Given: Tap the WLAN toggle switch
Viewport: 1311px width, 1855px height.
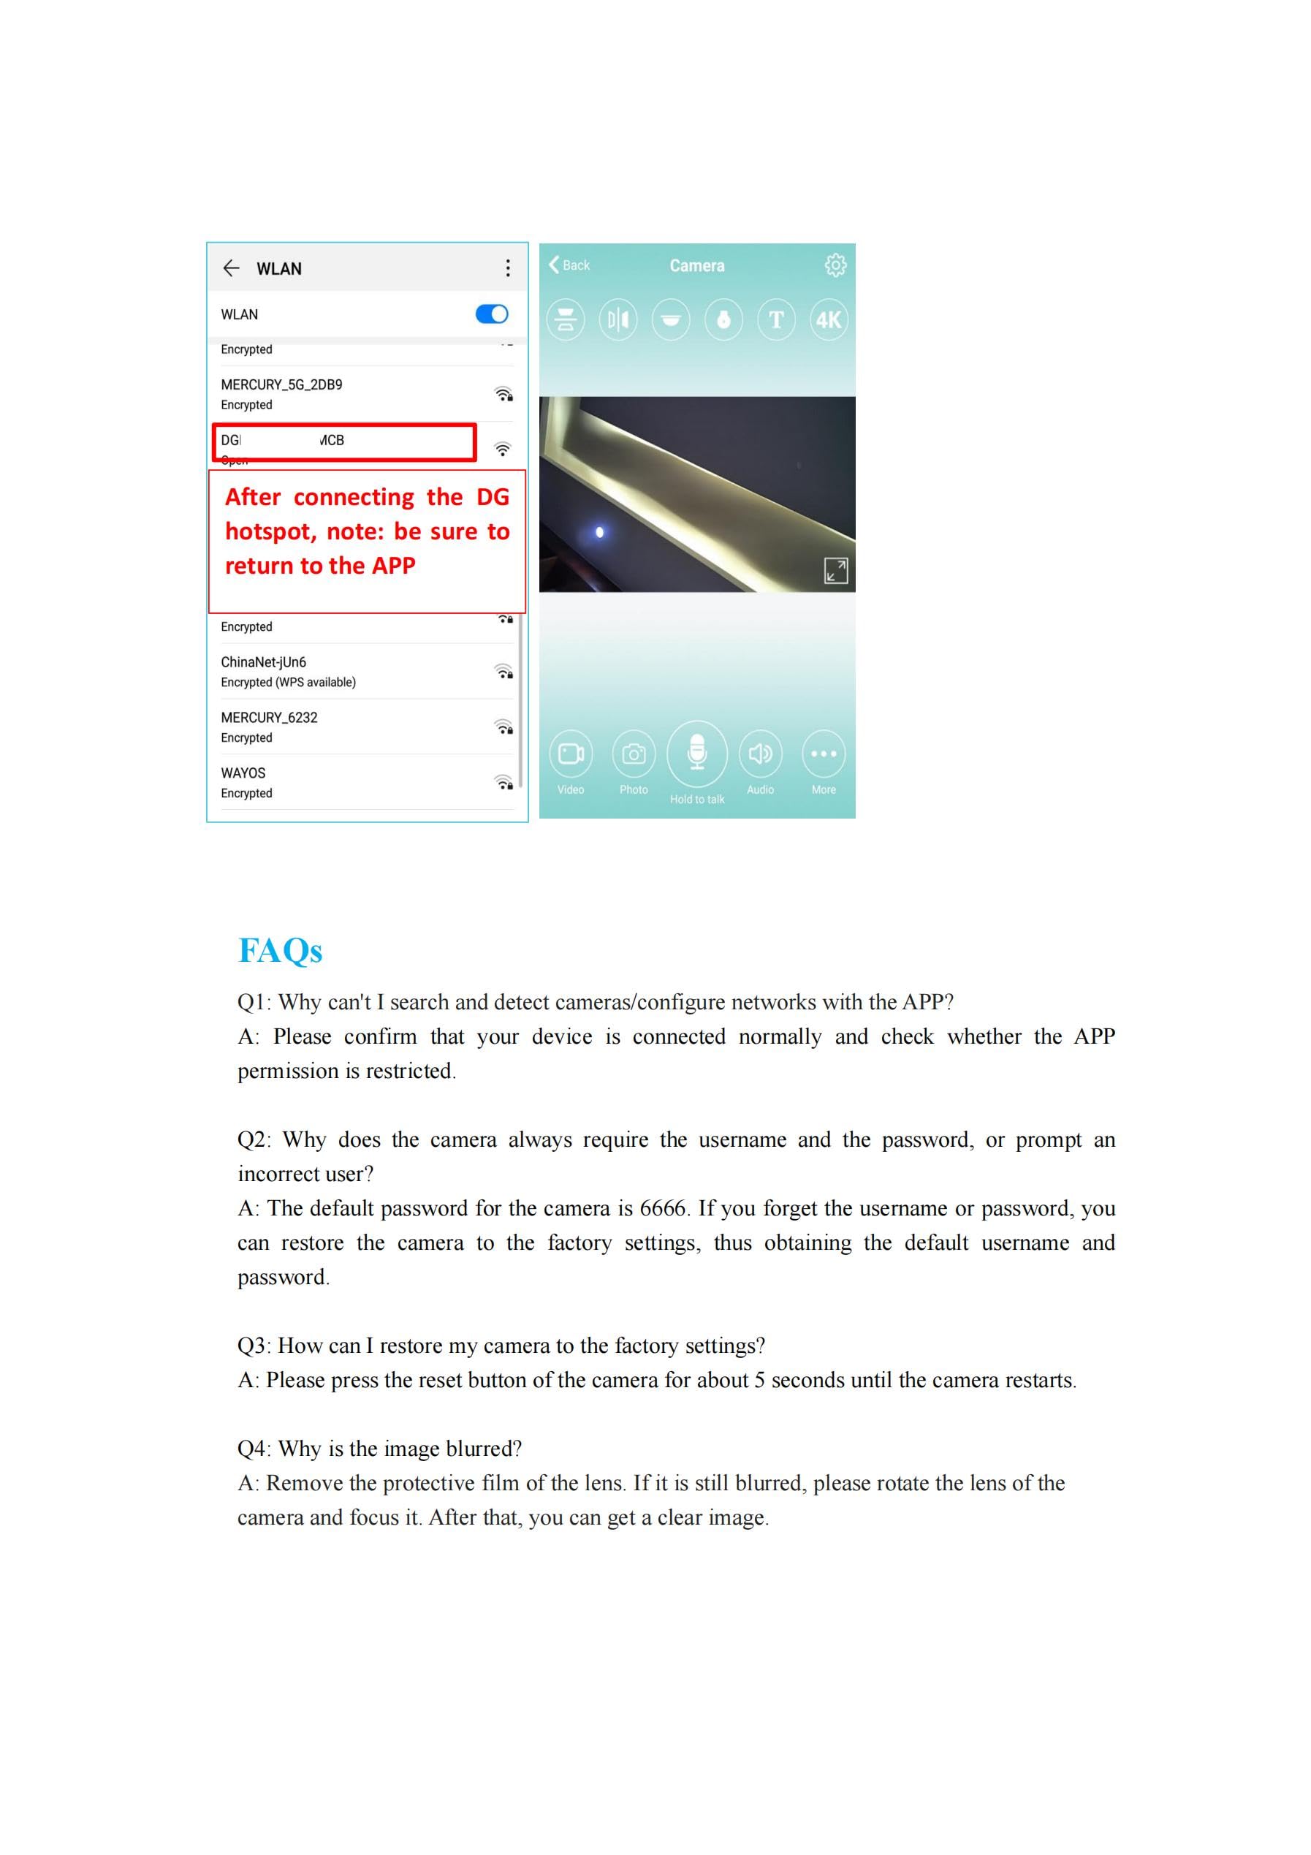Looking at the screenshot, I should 491,314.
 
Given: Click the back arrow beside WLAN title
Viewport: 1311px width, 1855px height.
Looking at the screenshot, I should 231,268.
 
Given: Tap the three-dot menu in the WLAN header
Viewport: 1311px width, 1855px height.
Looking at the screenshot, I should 507,268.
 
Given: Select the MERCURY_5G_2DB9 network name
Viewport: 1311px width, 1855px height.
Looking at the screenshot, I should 281,384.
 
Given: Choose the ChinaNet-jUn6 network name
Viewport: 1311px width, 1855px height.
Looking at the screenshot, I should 263,661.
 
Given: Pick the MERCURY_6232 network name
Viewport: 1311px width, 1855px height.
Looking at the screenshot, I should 269,718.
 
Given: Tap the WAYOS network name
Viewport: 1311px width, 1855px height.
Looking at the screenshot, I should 243,773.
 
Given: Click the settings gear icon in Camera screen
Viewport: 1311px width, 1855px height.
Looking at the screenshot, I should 835,265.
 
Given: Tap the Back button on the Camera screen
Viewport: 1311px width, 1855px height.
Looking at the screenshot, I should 569,265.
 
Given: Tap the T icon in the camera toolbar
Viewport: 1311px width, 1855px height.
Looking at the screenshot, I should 775,320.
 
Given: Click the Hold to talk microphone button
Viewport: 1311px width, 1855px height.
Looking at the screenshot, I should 696,754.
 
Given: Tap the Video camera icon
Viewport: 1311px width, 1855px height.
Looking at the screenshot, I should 570,754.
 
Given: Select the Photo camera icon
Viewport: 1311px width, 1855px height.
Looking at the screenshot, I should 634,754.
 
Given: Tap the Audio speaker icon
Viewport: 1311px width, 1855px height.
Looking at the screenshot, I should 760,754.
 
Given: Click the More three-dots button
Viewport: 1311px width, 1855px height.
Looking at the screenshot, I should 823,754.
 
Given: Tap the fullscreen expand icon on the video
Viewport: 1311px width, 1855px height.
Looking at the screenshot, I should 835,570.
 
